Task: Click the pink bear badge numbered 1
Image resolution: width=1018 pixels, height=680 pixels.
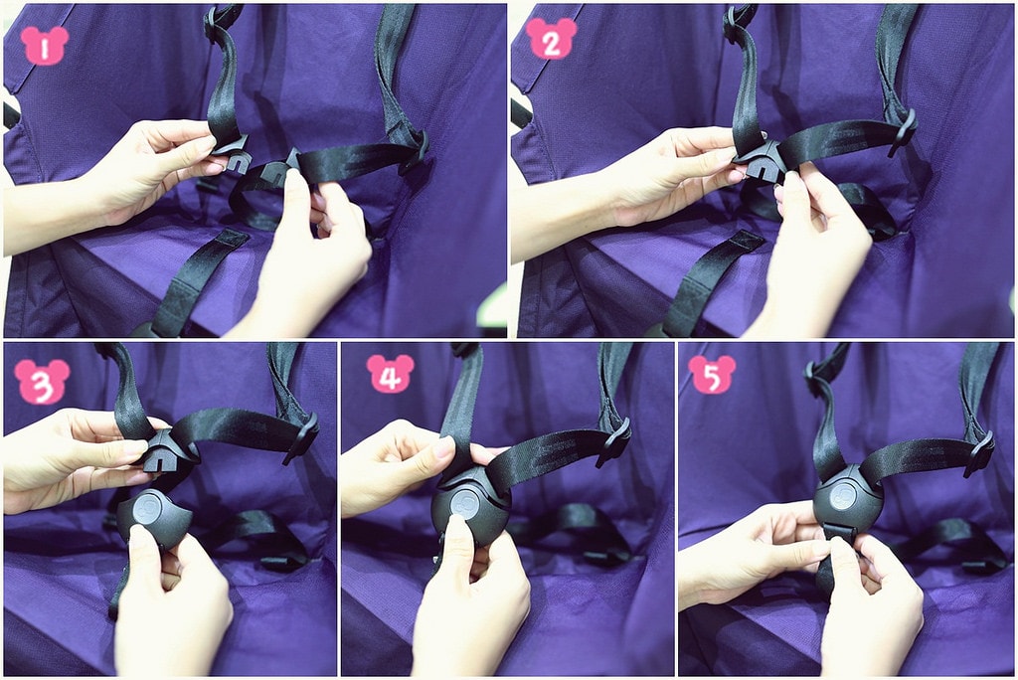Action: coord(44,46)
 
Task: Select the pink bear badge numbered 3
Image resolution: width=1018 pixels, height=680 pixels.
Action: coord(42,381)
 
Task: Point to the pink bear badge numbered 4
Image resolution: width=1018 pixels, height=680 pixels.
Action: coord(390,374)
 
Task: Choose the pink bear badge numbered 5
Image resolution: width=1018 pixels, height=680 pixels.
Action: coord(712,374)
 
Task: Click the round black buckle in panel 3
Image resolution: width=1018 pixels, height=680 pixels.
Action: coord(152,518)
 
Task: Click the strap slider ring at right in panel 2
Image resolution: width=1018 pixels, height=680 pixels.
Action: coord(904,132)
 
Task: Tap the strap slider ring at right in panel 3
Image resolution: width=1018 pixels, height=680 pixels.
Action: coord(301,438)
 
